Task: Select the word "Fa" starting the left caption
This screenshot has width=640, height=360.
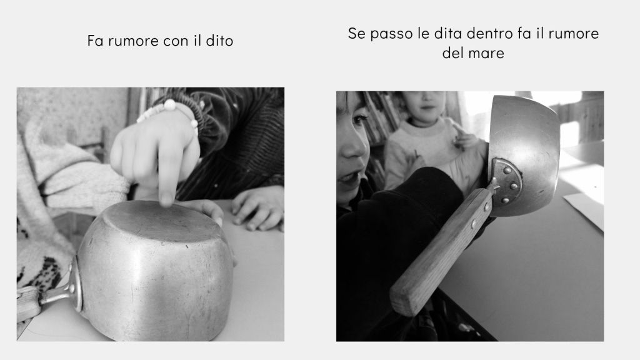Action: [x=96, y=41]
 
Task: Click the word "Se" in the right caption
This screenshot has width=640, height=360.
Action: [x=356, y=34]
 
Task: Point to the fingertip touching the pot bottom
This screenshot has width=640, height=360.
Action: [x=166, y=199]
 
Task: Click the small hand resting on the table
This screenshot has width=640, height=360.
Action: [x=257, y=209]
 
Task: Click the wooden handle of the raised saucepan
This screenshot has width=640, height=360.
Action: [x=441, y=251]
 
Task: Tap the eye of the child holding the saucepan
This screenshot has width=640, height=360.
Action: [x=359, y=119]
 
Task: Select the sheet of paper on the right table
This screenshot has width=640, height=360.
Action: [x=584, y=208]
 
